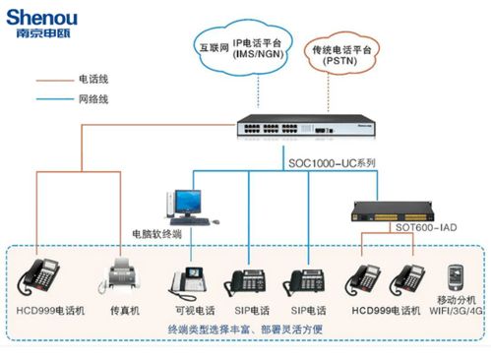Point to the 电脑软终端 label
(x=157, y=235)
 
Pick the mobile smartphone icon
(x=456, y=276)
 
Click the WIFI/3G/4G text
(x=456, y=312)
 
